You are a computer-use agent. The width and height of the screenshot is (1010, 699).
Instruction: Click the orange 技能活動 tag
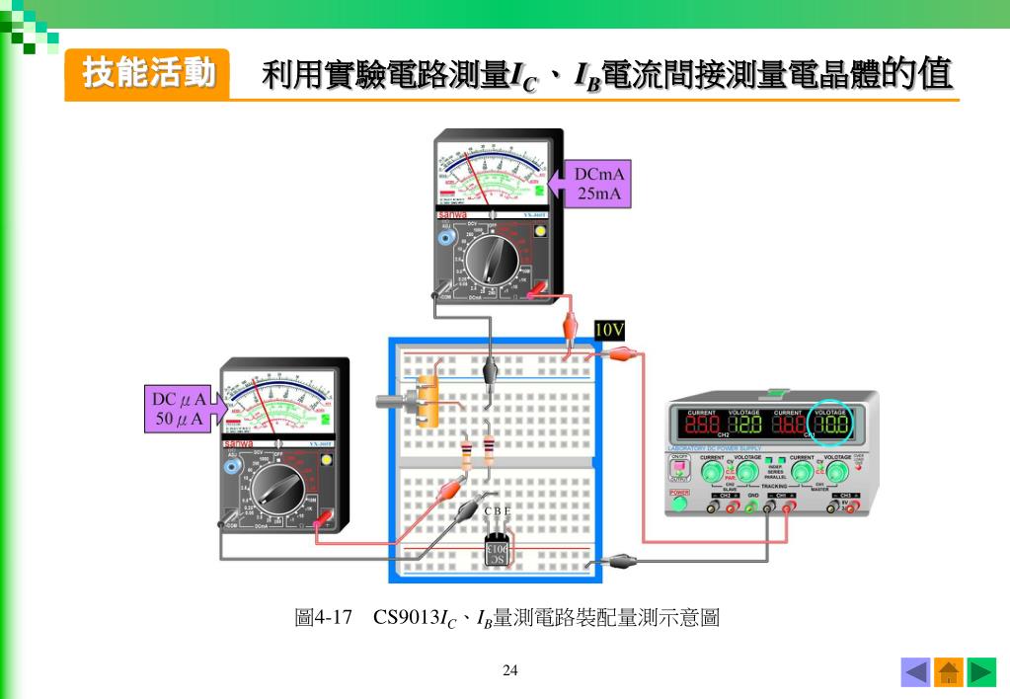tap(147, 74)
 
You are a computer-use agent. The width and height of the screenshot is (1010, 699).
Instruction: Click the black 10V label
tap(609, 329)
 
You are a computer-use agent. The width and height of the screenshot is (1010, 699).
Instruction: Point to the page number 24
tap(510, 671)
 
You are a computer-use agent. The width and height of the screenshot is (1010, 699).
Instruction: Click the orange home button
tap(949, 672)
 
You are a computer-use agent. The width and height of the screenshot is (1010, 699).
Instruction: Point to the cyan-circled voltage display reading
tap(830, 427)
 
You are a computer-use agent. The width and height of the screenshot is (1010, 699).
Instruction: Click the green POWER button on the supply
tap(679, 503)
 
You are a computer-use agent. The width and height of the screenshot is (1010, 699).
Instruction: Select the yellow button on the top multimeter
tap(540, 232)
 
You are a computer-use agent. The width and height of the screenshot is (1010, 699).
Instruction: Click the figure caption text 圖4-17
tap(324, 619)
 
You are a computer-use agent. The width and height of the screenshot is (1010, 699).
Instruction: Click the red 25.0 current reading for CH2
tap(702, 427)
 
